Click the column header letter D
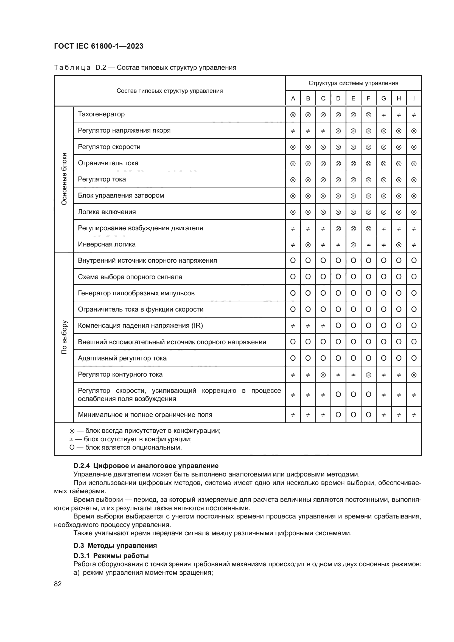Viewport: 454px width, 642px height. (338, 99)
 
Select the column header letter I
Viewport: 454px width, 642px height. (414, 99)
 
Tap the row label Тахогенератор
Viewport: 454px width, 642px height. (101, 114)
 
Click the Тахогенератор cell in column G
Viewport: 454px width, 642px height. (383, 115)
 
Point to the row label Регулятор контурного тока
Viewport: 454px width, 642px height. (120, 374)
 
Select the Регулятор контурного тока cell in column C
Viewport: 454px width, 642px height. (323, 375)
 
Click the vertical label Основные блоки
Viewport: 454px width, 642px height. (64, 179)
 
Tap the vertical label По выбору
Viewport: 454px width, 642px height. (64, 337)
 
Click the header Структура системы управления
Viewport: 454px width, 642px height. (353, 83)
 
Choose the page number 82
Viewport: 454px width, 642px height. (58, 584)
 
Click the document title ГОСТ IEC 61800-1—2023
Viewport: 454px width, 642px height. (99, 46)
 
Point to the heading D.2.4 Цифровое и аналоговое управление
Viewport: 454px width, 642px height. (146, 466)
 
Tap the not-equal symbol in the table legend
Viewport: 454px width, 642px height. (72, 439)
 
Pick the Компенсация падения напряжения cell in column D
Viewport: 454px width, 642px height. (338, 326)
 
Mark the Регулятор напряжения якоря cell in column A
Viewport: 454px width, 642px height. (293, 131)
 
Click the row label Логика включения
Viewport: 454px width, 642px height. (107, 212)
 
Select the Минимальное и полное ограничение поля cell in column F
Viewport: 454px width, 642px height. (368, 415)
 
